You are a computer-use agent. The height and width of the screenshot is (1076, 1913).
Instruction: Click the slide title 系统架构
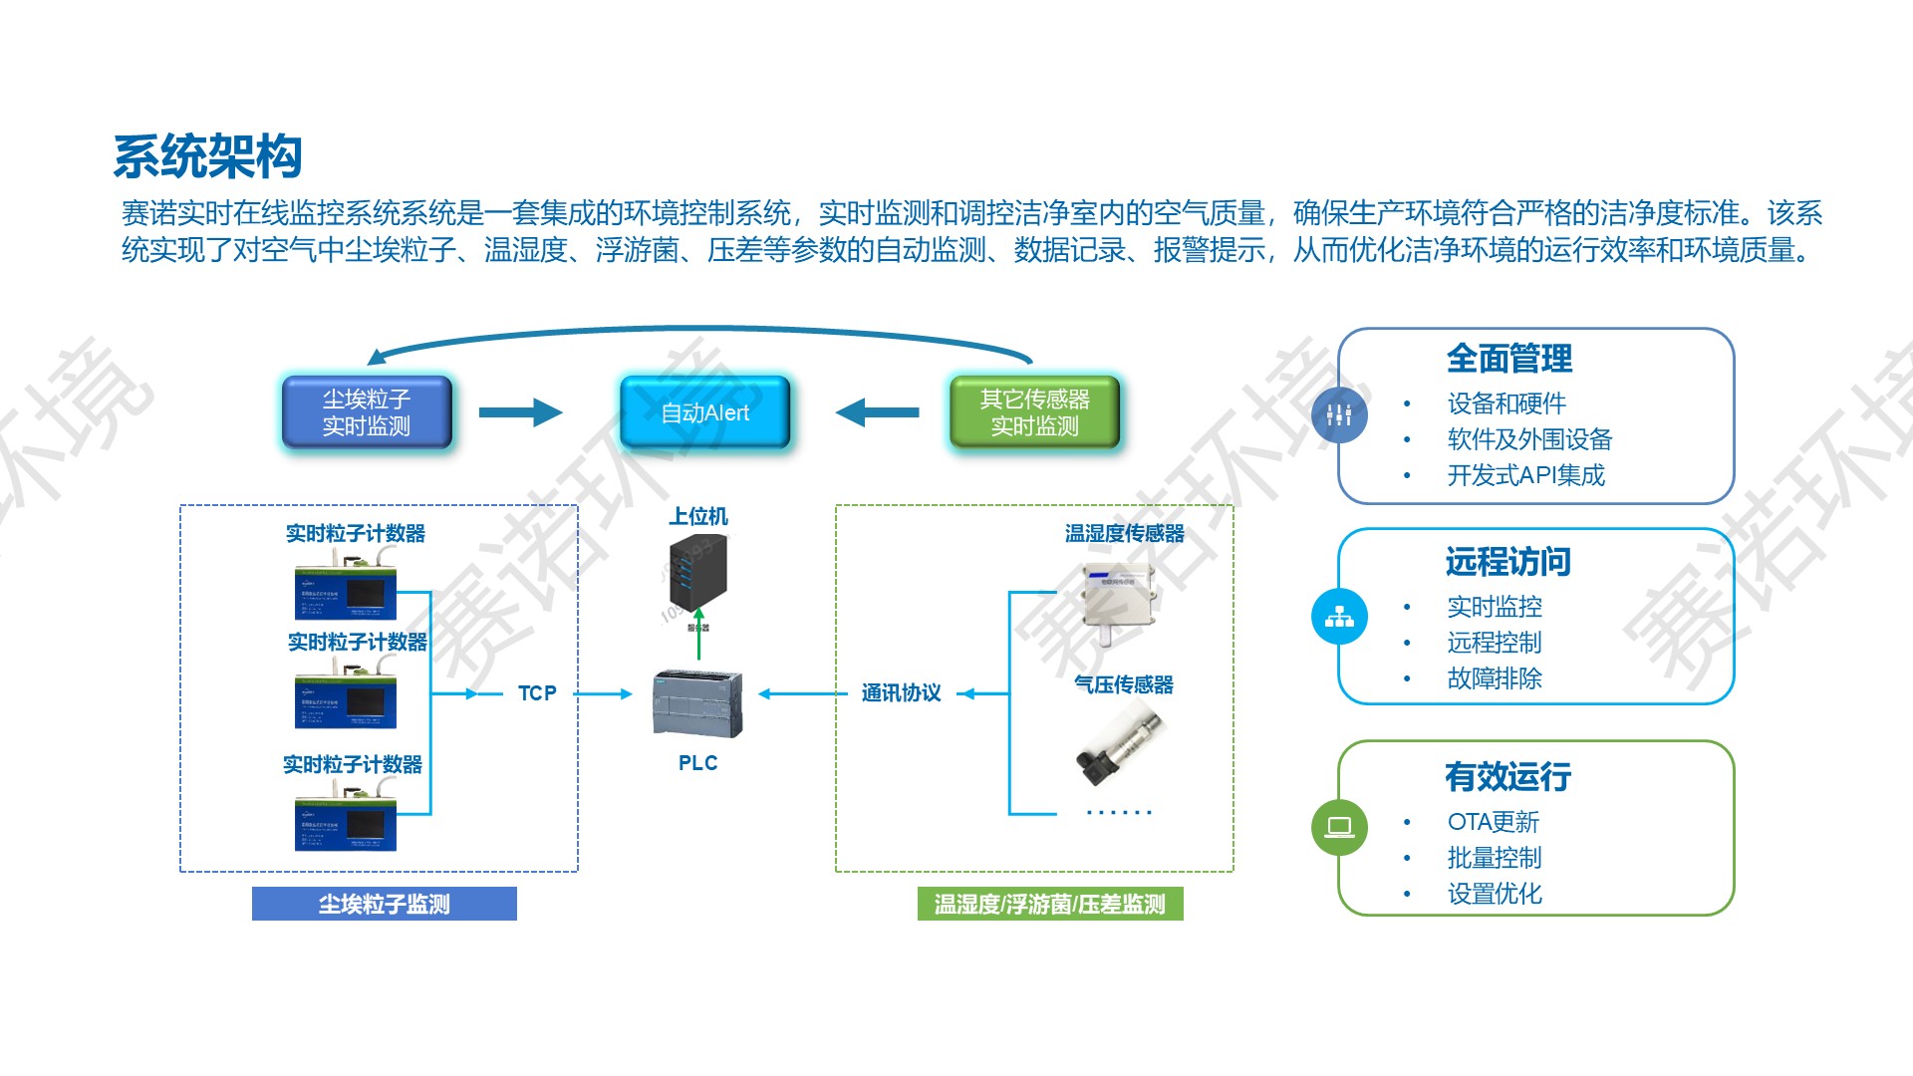point(207,157)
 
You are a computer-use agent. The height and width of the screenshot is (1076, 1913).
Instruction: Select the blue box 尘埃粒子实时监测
point(367,412)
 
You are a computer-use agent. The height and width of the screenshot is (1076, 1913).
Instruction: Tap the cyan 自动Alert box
point(704,412)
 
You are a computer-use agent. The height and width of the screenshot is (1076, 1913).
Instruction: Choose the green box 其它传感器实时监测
point(1034,412)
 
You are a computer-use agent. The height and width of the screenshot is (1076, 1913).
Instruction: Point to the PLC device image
point(697,703)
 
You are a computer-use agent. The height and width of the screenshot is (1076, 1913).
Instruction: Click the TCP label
point(537,693)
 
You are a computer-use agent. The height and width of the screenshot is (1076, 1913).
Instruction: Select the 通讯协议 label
point(901,693)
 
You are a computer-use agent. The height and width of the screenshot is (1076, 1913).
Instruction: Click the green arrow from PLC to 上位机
point(698,634)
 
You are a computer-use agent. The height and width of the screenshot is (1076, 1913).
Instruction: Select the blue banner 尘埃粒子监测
point(385,904)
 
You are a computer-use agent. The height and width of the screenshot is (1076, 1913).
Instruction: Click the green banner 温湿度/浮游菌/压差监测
point(1050,904)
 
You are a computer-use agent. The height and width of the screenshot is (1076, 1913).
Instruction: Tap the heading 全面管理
point(1508,359)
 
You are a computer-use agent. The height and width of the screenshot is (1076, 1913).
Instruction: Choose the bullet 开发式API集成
point(1525,475)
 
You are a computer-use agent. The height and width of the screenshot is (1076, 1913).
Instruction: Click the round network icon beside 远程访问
point(1339,617)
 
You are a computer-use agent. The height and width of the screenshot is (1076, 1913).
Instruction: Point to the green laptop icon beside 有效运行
point(1339,827)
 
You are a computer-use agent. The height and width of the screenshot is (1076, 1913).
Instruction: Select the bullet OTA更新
point(1493,822)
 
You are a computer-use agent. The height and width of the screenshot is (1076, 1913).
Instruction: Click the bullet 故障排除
point(1494,678)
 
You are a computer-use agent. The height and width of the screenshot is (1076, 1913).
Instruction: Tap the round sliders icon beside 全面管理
point(1339,414)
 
